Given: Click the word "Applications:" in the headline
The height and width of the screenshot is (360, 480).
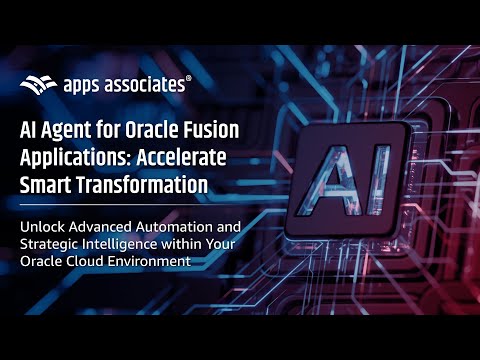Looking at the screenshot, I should click(x=76, y=157).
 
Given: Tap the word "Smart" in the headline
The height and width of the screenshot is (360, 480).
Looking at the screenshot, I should click(x=48, y=184).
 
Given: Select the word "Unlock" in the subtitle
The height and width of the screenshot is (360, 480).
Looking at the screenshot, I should click(x=43, y=226).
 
